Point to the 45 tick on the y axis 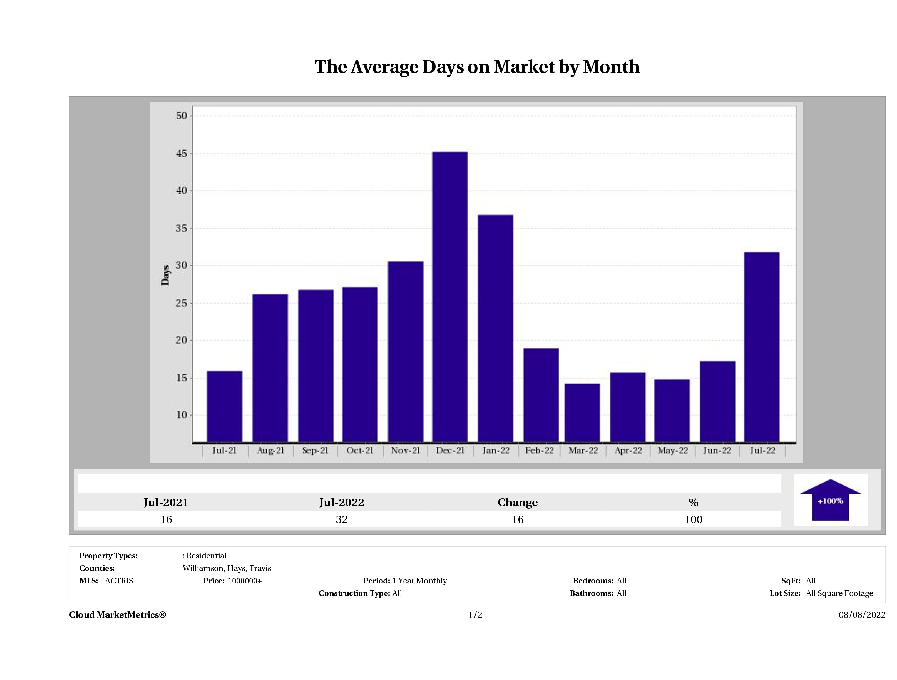[182, 154]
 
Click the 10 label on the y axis [182, 415]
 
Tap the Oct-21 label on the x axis [360, 451]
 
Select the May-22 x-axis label [672, 451]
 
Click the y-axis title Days [165, 275]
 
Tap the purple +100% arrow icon [830, 501]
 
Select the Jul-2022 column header [341, 502]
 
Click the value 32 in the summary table [341, 519]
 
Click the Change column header [518, 502]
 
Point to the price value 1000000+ [245, 581]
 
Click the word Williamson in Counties [203, 568]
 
